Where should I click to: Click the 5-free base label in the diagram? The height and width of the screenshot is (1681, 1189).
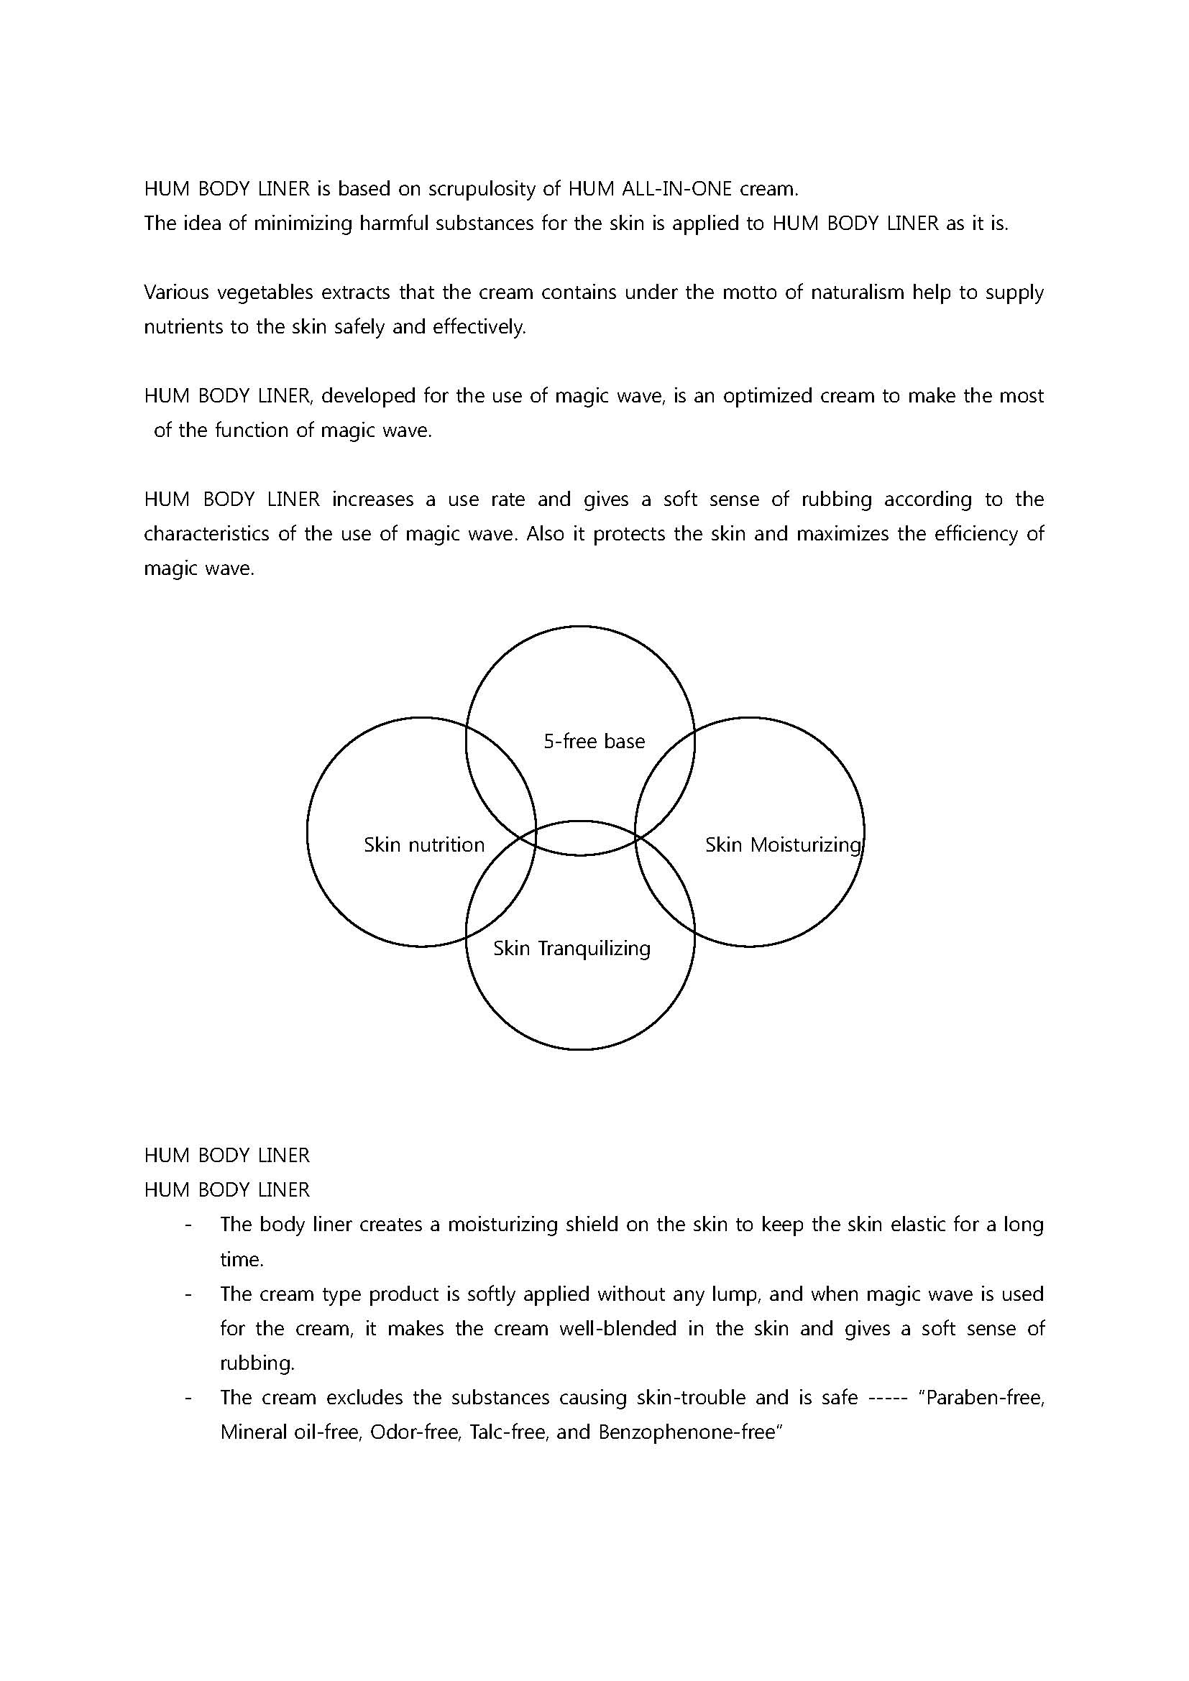coord(594,742)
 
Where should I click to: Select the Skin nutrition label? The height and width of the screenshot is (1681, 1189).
coord(424,845)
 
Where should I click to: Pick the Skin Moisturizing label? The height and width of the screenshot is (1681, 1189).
coord(783,845)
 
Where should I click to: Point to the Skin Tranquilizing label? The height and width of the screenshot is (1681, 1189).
coord(571,949)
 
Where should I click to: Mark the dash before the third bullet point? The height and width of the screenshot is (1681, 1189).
coord(190,1399)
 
